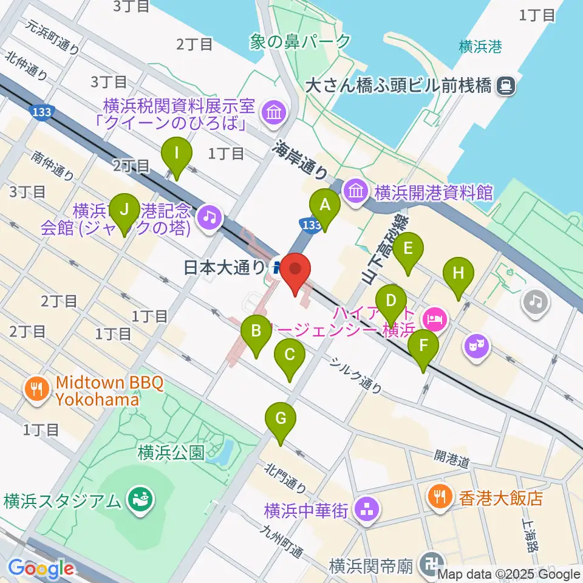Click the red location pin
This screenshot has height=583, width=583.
click(x=295, y=272)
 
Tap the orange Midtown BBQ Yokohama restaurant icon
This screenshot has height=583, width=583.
click(x=37, y=388)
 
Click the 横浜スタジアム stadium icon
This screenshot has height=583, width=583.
click(x=141, y=500)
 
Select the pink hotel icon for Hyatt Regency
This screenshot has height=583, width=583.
click(x=435, y=317)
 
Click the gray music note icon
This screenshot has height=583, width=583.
click(x=535, y=301)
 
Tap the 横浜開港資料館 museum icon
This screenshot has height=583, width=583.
click(x=356, y=192)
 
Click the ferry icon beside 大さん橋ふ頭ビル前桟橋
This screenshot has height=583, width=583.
click(x=505, y=86)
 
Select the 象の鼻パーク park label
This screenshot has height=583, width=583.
click(x=300, y=41)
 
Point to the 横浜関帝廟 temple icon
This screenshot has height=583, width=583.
click(x=434, y=565)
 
